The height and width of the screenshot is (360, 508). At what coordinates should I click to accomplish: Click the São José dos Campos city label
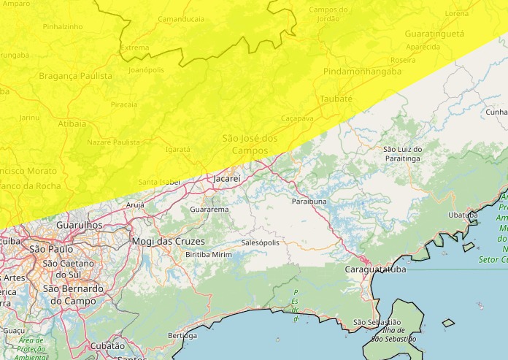click(250, 144)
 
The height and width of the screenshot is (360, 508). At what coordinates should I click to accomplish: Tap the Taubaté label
click(336, 99)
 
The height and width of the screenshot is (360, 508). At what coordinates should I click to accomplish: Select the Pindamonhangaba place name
click(363, 72)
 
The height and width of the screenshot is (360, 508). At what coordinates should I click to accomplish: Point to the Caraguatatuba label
click(375, 269)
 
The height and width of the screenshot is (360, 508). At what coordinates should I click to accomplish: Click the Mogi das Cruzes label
click(169, 241)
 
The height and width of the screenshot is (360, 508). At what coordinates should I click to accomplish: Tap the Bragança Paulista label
click(76, 76)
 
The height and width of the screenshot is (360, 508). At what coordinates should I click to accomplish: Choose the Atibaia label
click(72, 123)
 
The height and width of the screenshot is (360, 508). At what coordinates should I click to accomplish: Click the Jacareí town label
click(226, 177)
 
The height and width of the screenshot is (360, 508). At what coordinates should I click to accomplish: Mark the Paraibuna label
click(309, 201)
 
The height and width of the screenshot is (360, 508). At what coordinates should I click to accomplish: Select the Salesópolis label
click(260, 242)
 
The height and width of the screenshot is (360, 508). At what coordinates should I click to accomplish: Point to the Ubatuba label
click(463, 215)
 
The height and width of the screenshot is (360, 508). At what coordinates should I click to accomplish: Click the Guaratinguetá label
click(434, 34)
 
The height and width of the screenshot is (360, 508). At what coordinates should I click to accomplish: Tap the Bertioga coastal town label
click(182, 335)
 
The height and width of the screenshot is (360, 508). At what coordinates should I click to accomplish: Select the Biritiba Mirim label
click(209, 253)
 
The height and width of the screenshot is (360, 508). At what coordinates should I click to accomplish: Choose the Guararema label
click(209, 210)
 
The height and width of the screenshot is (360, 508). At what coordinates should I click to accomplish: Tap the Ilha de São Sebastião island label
click(393, 334)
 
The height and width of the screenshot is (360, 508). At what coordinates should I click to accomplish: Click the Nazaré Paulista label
click(113, 142)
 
